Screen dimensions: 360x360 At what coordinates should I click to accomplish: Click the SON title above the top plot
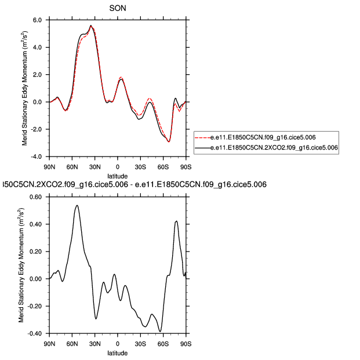pyautogui.click(x=118, y=8)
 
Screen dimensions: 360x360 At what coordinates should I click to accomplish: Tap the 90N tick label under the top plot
pyautogui.click(x=49, y=166)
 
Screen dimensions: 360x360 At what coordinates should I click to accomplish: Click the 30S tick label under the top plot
pyautogui.click(x=140, y=166)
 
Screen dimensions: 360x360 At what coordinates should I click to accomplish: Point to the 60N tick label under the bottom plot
pyautogui.click(x=72, y=343)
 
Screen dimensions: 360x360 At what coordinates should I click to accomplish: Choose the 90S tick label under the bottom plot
pyautogui.click(x=186, y=343)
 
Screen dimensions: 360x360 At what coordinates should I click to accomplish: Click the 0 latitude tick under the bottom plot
pyautogui.click(x=118, y=343)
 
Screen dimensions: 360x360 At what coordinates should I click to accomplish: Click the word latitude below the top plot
pyautogui.click(x=118, y=175)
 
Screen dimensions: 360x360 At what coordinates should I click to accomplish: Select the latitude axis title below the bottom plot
pyautogui.click(x=118, y=352)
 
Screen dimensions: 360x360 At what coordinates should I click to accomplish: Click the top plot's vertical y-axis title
pyautogui.click(x=26, y=88)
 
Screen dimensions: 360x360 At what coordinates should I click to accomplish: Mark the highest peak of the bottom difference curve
pyautogui.click(x=77, y=205)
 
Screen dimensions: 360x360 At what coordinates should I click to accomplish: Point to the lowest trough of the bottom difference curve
pyautogui.click(x=160, y=332)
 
